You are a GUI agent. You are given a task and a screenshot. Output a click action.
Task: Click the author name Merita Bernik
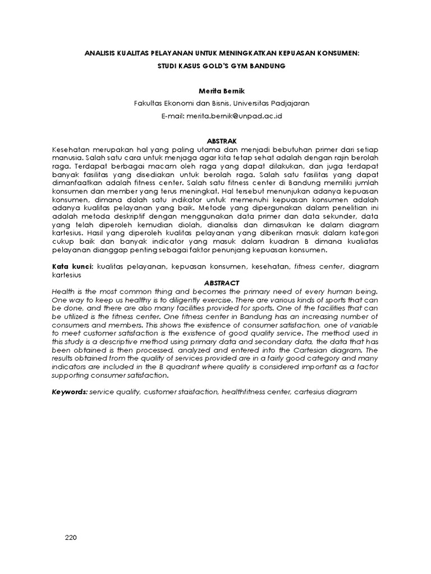[x=215, y=90]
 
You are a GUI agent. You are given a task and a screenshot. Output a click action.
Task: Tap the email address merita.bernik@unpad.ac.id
[x=235, y=116]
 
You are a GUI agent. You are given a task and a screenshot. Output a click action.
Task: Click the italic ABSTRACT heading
[x=215, y=283]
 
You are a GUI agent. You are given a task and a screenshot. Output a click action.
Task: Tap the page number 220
[x=70, y=538]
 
